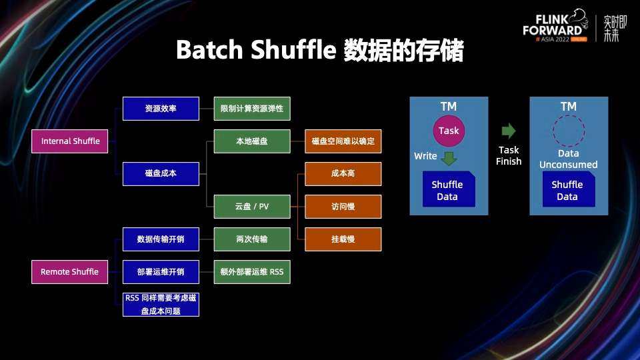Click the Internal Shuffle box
70,141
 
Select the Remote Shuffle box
70,272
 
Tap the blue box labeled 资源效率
161,109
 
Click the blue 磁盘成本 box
161,174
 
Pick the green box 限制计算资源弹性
252,109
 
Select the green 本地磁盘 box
252,141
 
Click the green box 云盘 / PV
252,207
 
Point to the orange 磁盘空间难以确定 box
343,141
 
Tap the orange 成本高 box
343,174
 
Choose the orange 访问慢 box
343,207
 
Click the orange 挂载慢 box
343,239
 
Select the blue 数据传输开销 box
161,239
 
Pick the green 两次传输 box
252,239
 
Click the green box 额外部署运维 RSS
252,272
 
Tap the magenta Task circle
449,131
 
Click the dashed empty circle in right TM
568,131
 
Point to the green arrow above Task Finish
509,131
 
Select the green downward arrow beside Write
449,158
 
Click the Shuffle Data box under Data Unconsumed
568,189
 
